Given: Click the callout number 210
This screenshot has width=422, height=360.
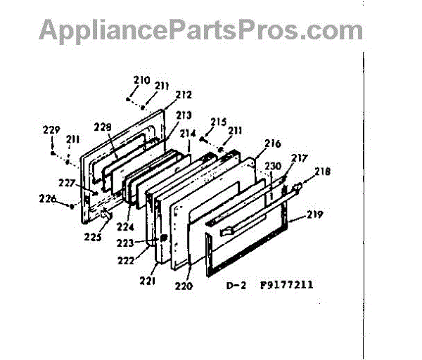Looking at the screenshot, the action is [x=141, y=80].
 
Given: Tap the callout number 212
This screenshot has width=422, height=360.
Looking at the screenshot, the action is [x=184, y=94].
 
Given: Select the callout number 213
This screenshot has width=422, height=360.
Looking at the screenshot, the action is [x=184, y=115].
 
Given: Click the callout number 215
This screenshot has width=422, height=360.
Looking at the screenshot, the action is [x=218, y=122].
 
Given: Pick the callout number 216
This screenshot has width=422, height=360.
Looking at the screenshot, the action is [x=273, y=143].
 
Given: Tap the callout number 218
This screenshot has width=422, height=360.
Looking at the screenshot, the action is [x=322, y=171].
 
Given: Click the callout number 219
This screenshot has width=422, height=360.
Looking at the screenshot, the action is [x=314, y=214].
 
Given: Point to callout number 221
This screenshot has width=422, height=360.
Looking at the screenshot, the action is [x=148, y=281].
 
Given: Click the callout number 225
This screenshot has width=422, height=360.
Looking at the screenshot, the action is [x=92, y=237].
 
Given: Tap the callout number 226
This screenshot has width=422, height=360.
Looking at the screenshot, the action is [x=47, y=198].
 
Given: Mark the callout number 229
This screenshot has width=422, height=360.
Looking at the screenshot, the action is [x=51, y=129].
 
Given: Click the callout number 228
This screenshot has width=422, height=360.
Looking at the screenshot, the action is [x=103, y=127].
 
